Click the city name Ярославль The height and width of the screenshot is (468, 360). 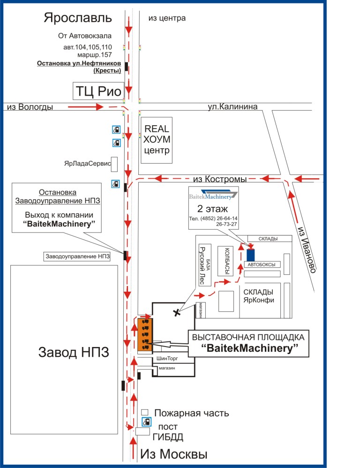78,18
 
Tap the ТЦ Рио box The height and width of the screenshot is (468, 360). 97,91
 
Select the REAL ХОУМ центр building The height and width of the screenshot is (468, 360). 157,140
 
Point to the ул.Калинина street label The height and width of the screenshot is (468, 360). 232,107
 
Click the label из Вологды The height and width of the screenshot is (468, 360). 30,107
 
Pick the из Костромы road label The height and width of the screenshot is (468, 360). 220,179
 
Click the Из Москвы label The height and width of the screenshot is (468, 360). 173,454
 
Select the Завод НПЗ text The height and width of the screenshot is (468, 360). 74,352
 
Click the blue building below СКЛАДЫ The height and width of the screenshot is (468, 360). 251,255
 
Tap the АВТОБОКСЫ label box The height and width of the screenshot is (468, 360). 261,264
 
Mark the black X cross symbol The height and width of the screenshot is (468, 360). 177,312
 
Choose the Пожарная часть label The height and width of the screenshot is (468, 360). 192,413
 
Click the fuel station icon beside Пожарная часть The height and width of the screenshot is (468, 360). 146,421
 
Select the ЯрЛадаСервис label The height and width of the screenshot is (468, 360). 87,164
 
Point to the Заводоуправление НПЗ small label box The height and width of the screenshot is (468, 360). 77,257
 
